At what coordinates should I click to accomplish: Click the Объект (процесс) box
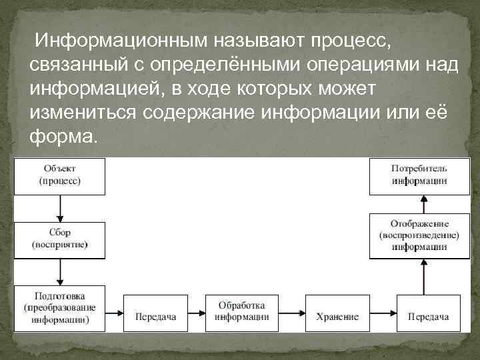59,176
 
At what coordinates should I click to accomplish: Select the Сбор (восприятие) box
59,240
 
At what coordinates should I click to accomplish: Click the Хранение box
337,317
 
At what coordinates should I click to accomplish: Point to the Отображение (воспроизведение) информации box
419,235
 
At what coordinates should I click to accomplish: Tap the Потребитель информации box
419,176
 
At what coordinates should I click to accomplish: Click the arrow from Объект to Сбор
60,208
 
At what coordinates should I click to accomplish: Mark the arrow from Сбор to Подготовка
60,272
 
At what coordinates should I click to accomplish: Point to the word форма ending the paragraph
63,136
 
